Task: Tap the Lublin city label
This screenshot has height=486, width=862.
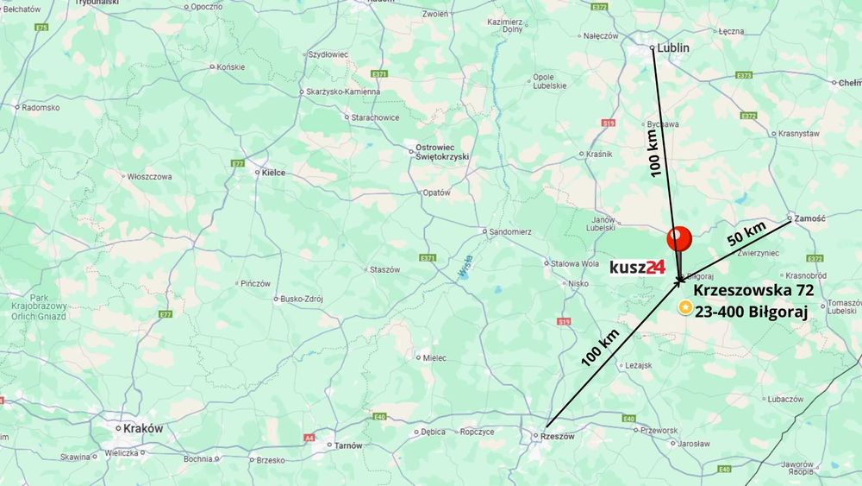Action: point(672,48)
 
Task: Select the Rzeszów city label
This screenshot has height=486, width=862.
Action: point(557,436)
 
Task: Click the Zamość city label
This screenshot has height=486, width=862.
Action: point(809,218)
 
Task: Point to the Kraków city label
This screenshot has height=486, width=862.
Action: point(143,429)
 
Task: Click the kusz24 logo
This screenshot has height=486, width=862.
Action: point(637,267)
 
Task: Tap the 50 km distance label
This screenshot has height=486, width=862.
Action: point(746,233)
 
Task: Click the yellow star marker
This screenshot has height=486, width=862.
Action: point(684,306)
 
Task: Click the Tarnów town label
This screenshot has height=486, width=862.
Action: point(348,445)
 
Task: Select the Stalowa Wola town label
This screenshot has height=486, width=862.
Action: point(575,263)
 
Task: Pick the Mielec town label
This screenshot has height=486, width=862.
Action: point(433,357)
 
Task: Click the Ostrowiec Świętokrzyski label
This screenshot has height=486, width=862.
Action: point(440,153)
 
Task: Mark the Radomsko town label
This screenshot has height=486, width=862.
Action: point(41,108)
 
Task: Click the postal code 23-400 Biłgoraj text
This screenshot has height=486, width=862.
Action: point(751,313)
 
